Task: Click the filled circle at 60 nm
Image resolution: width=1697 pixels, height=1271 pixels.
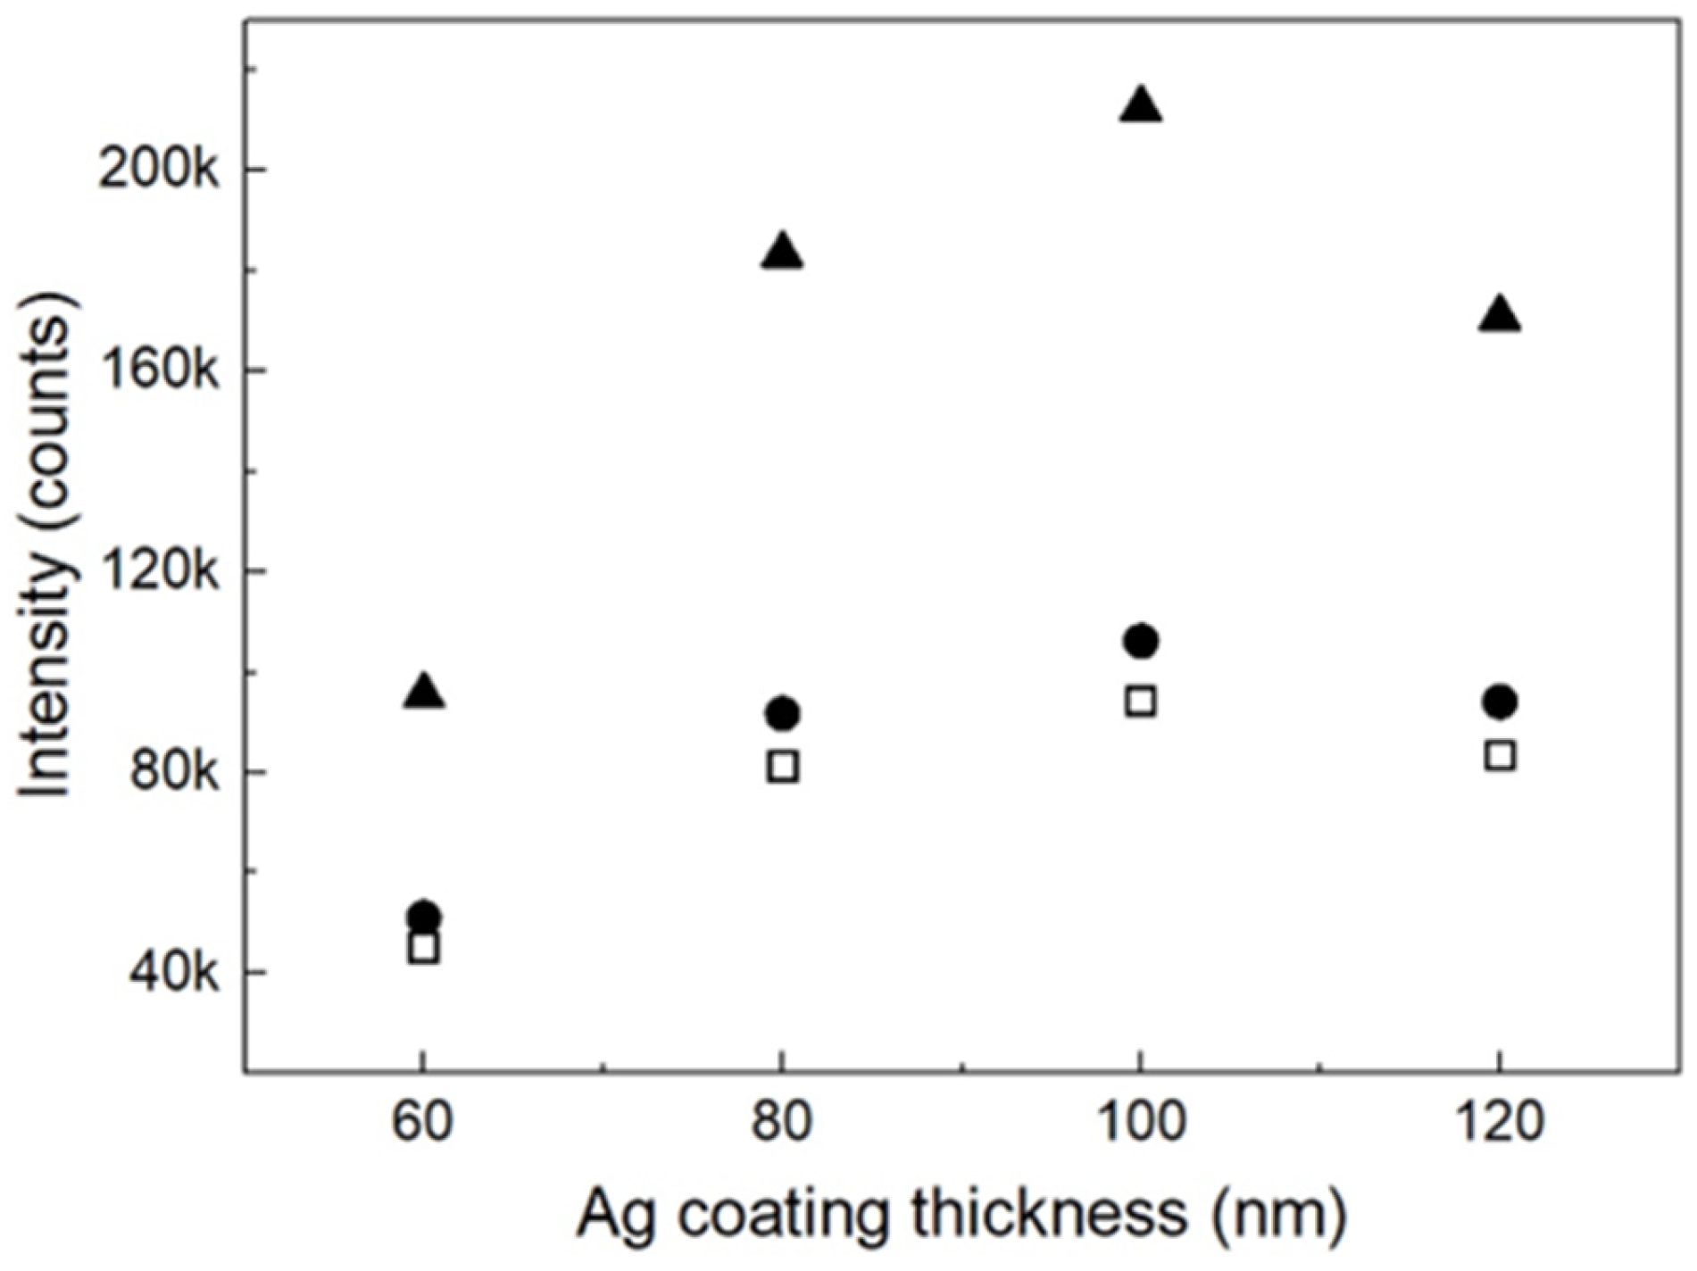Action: pos(424,916)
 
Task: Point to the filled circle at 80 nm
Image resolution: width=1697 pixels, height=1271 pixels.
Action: pos(783,713)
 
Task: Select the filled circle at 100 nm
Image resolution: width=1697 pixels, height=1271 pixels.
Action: pos(1141,641)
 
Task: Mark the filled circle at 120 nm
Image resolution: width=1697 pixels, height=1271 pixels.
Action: pos(1501,702)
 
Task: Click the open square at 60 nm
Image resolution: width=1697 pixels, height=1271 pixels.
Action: pos(424,948)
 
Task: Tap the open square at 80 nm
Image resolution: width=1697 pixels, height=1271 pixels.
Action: pos(783,767)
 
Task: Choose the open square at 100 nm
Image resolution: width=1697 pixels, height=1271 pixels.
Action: pos(1141,702)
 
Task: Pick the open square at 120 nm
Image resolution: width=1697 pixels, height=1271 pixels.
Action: pos(1501,755)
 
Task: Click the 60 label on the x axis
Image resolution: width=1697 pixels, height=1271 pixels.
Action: pos(422,1122)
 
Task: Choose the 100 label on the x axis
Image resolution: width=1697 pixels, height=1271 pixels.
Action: pos(1140,1122)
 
